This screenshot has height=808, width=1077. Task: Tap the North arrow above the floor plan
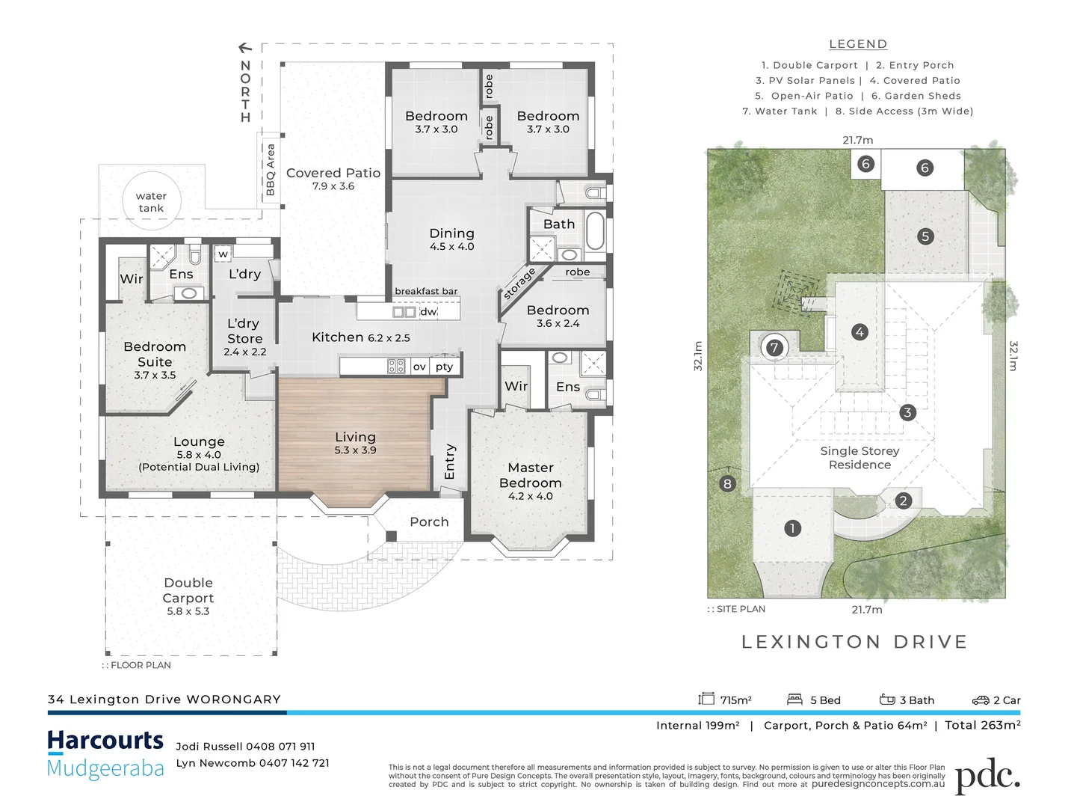[245, 48]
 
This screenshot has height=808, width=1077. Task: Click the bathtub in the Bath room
[596, 230]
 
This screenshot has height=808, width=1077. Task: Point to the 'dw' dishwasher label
[428, 311]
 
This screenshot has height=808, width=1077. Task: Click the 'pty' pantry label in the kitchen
[444, 367]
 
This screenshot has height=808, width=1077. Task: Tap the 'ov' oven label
[419, 367]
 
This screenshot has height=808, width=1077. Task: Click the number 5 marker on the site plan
[925, 236]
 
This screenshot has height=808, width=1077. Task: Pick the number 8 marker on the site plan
[727, 484]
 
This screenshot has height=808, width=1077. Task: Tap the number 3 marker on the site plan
[907, 412]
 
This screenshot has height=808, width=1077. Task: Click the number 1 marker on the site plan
[792, 528]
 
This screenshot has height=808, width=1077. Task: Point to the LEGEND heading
[858, 44]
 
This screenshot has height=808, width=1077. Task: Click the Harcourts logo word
[105, 740]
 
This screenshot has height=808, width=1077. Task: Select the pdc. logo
[987, 776]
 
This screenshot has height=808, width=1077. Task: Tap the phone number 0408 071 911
[280, 746]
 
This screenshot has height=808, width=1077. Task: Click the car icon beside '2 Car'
[981, 700]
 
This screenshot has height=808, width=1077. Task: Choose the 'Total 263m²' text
[983, 725]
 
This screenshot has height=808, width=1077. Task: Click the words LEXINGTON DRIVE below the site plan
[854, 641]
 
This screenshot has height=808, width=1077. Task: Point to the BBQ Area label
[270, 170]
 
